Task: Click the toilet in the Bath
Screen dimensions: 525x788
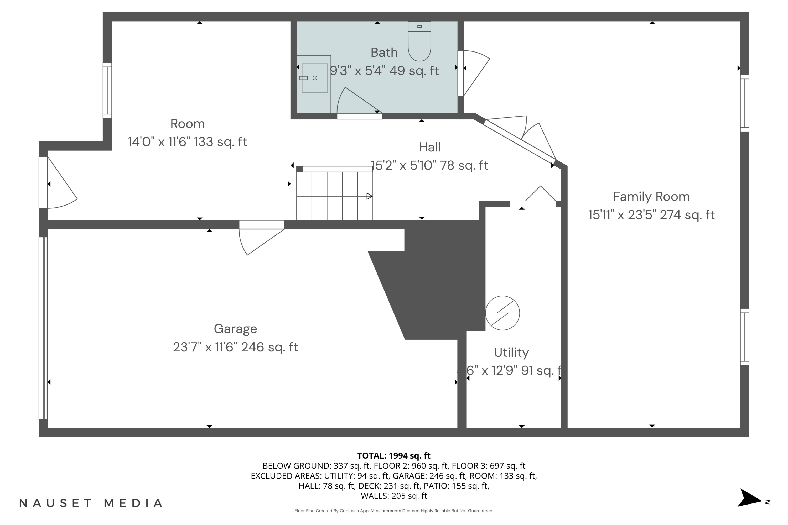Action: click(419, 42)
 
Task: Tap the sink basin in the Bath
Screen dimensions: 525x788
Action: click(315, 78)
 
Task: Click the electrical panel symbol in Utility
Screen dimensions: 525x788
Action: click(502, 313)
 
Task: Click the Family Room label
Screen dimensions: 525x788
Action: click(651, 197)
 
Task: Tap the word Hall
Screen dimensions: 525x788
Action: click(429, 147)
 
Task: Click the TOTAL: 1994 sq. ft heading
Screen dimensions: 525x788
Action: click(394, 456)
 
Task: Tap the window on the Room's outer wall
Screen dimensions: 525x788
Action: click(107, 90)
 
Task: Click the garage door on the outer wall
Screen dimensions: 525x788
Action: click(44, 328)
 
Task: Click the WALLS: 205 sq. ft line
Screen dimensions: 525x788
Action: click(394, 496)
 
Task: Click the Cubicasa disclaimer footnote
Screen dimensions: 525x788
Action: click(394, 511)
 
